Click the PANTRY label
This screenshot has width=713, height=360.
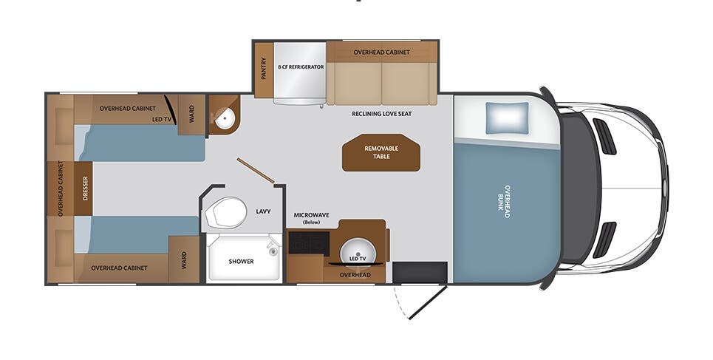pos(264,68)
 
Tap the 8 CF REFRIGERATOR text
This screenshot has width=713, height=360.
pos(301,67)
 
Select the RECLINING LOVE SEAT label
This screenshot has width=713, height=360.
pos(381,114)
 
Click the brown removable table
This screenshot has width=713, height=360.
pos(381,152)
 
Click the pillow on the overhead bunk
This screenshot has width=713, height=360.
pos(507,118)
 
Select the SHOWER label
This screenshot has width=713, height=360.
pos(241,261)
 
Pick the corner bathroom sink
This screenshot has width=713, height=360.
pos(225,118)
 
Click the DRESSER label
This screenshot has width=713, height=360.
pos(86,189)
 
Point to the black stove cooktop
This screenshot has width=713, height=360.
pos(308,242)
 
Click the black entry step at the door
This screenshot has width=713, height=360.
pos(420,272)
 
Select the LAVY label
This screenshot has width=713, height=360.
pos(263,211)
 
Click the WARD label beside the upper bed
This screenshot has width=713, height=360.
pos(192,115)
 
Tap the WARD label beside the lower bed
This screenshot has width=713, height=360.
pos(184,259)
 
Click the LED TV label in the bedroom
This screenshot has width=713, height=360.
pos(161,118)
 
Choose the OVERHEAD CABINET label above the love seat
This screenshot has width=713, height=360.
pos(381,52)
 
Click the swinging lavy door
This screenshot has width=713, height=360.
pos(256,170)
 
